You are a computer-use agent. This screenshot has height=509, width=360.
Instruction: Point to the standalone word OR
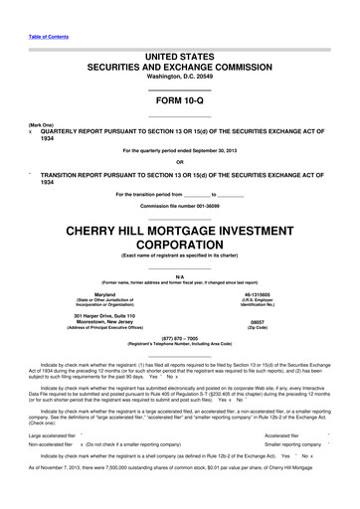click(x=179, y=163)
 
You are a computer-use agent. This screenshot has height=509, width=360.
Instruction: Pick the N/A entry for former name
click(x=179, y=275)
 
